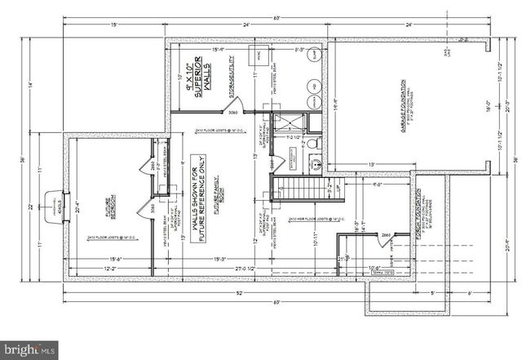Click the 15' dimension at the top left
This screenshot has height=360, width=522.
[113, 24]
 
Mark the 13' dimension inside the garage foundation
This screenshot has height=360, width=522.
[372, 165]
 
